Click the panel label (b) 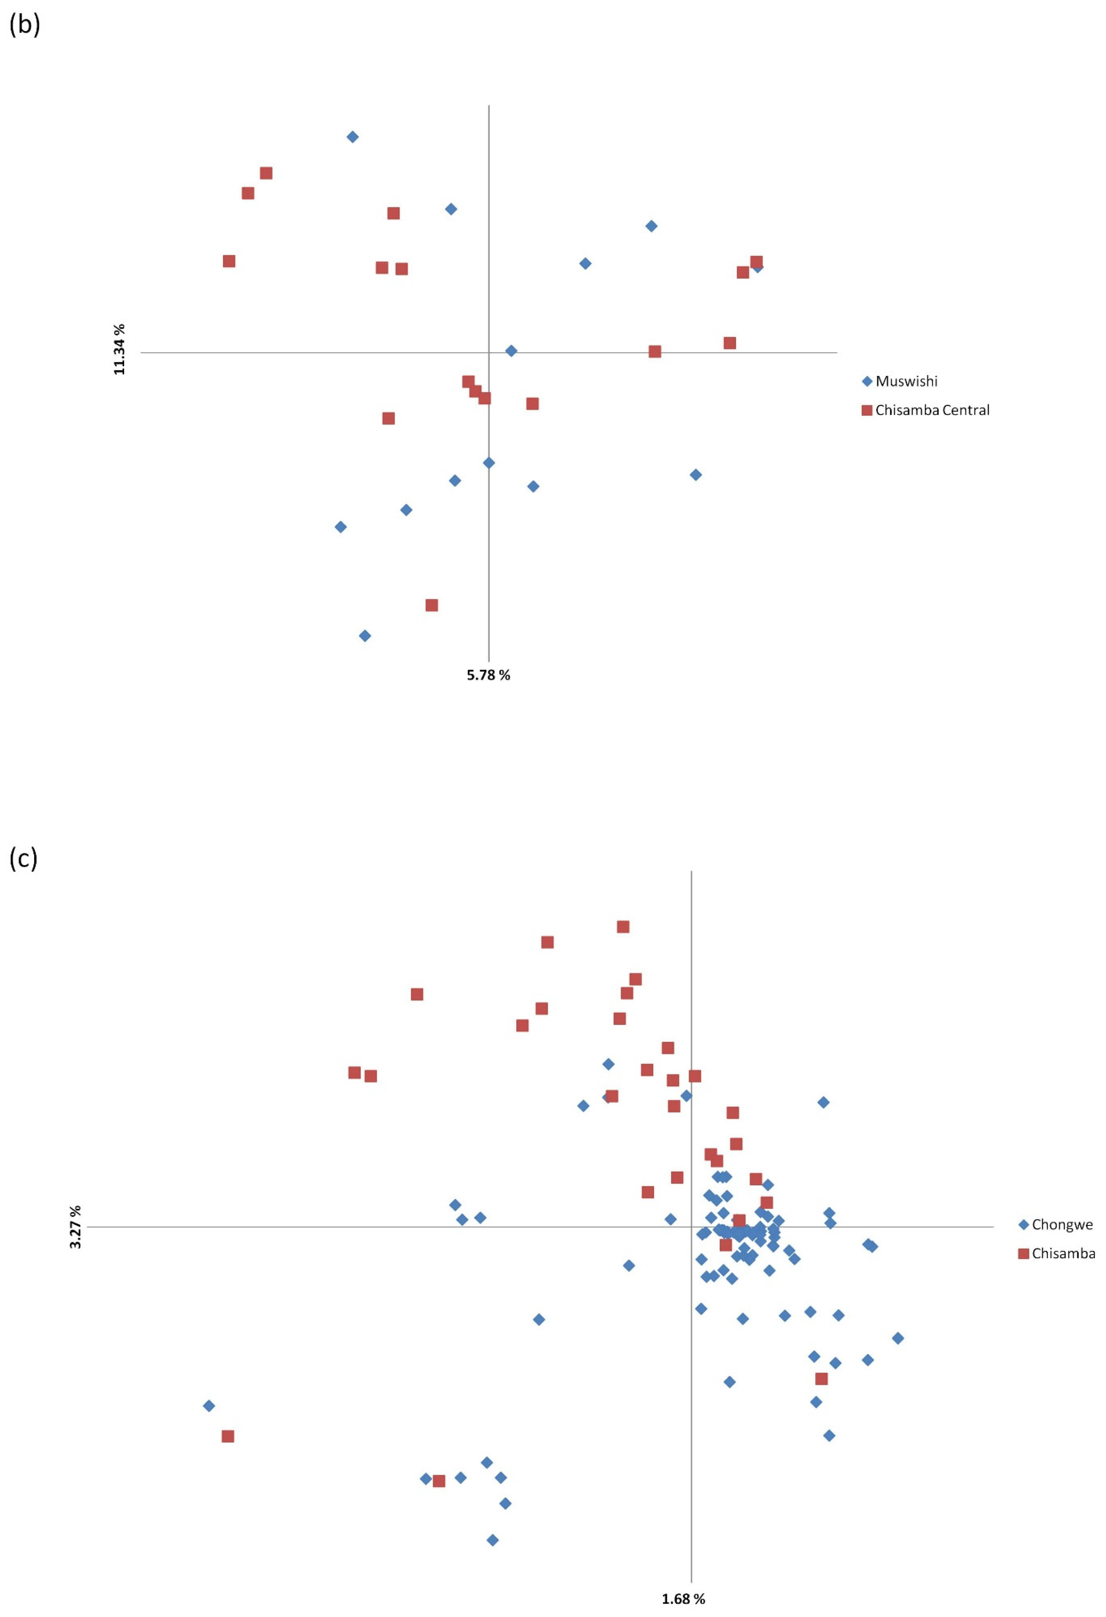coord(24,24)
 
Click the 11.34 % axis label coord(120,349)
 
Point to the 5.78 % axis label coord(488,675)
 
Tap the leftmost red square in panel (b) coord(229,261)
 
